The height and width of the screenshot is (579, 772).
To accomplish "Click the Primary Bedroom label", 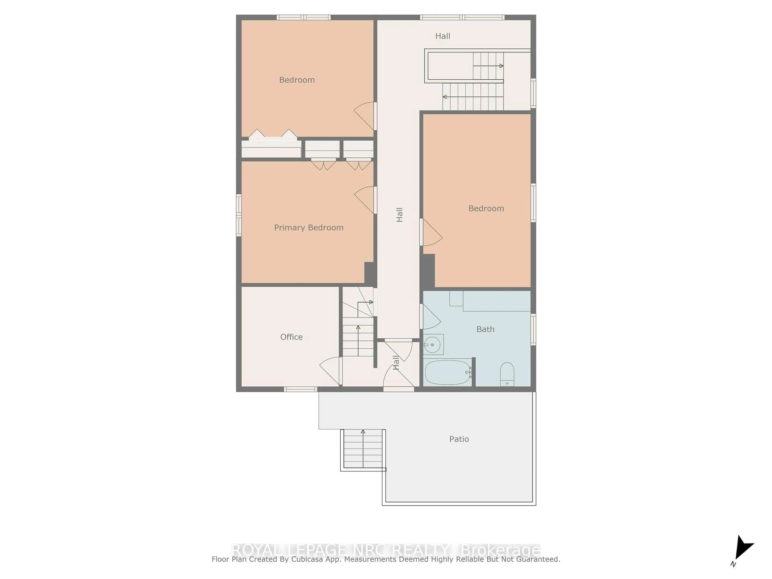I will click(x=309, y=228).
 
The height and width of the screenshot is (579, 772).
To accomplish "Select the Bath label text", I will click(x=485, y=329).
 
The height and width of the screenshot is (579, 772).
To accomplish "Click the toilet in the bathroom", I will click(x=507, y=374).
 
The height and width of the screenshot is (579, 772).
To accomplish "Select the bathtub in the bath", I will click(x=448, y=372).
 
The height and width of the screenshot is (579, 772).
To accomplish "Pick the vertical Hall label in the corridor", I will click(x=400, y=215).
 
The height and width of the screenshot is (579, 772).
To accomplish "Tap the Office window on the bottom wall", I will click(x=300, y=389).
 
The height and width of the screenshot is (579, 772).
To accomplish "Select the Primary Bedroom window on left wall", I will click(x=239, y=215).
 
